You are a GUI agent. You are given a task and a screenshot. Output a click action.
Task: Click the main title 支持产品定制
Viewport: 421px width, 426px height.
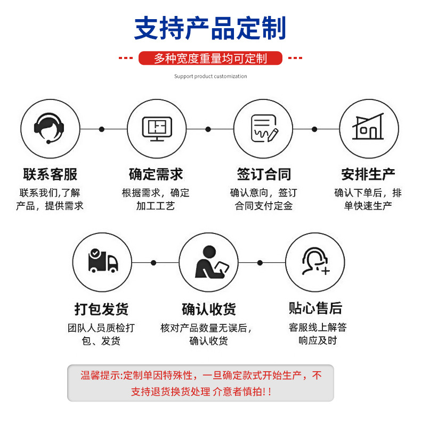pyautogui.click(x=210, y=28)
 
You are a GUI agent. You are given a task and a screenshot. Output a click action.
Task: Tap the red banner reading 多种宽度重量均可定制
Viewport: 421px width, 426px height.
pyautogui.click(x=210, y=58)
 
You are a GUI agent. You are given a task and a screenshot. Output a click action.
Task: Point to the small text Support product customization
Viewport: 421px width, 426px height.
pyautogui.click(x=210, y=76)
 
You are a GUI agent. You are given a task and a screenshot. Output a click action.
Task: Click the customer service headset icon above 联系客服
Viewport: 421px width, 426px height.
pyautogui.click(x=50, y=129)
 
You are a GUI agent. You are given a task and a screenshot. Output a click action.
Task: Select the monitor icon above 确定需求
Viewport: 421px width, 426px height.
pyautogui.click(x=157, y=129)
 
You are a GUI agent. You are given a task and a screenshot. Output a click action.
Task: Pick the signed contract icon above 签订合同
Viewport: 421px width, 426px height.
pyautogui.click(x=263, y=129)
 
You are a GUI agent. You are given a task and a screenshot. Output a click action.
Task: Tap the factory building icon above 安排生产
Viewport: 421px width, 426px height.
pyautogui.click(x=368, y=129)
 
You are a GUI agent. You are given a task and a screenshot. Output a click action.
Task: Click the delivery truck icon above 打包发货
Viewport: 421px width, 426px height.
pyautogui.click(x=102, y=262)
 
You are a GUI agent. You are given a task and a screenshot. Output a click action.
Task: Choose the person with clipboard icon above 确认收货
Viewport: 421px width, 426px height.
pyautogui.click(x=208, y=262)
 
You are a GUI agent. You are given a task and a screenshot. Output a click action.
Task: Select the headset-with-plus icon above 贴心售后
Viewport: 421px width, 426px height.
pyautogui.click(x=314, y=262)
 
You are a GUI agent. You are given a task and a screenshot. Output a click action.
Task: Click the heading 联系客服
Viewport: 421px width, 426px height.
pyautogui.click(x=50, y=174)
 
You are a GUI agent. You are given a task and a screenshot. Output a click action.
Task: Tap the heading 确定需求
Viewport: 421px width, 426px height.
pyautogui.click(x=156, y=174)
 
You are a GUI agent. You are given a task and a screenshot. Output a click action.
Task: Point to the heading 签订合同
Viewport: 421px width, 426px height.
pyautogui.click(x=264, y=174)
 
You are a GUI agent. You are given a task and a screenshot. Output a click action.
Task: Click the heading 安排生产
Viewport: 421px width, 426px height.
pyautogui.click(x=368, y=174)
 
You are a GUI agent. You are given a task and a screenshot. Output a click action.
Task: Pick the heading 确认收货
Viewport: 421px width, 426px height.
pyautogui.click(x=208, y=309)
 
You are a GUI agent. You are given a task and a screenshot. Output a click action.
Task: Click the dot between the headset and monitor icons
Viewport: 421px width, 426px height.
pyautogui.click(x=102, y=129)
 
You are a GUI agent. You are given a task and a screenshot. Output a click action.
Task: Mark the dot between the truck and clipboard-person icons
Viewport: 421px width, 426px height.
pyautogui.click(x=153, y=263)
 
